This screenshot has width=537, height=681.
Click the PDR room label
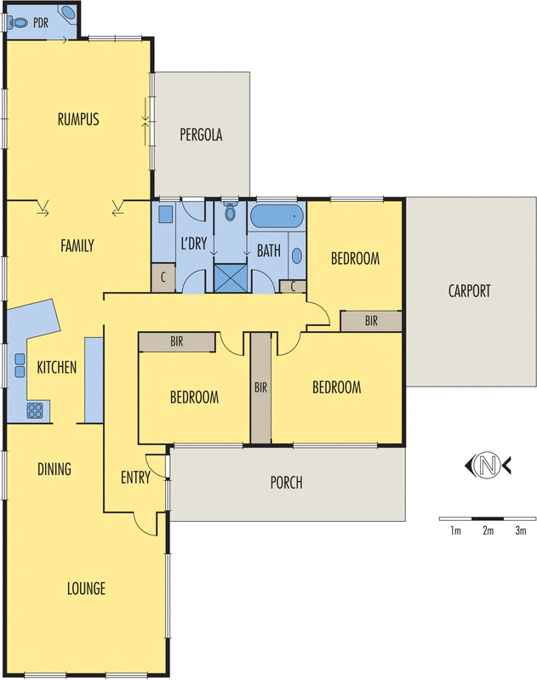[41, 23]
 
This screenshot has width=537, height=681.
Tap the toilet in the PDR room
[17, 22]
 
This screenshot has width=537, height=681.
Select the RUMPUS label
[78, 119]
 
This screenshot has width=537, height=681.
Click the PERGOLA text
[201, 134]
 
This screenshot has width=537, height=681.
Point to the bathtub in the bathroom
[278, 217]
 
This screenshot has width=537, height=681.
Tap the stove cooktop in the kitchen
[36, 411]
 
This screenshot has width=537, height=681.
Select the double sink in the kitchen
[19, 363]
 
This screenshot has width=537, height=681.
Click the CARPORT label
[470, 291]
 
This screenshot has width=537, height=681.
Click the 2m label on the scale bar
[488, 532]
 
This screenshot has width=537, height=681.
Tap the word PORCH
[286, 484]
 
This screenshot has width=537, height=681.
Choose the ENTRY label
[135, 478]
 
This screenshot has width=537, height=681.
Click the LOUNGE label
[87, 588]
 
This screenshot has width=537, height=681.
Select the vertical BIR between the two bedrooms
[260, 387]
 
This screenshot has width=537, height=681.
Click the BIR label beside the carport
[371, 321]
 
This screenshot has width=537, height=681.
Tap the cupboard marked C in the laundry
[163, 278]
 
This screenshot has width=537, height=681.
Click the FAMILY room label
[77, 246]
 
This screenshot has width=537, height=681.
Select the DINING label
[54, 469]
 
